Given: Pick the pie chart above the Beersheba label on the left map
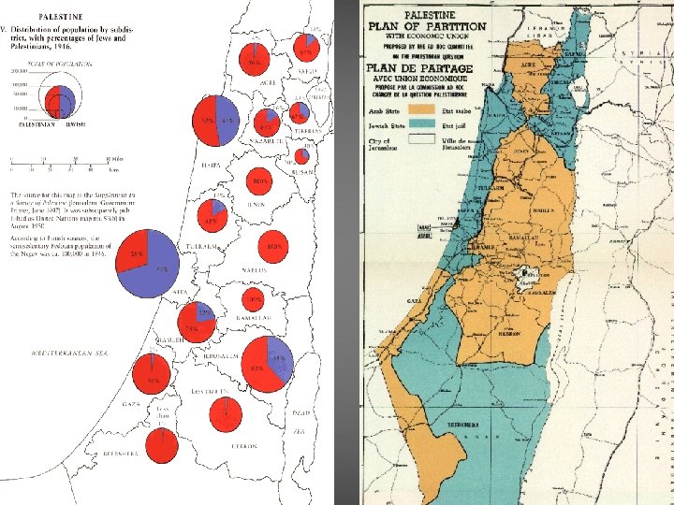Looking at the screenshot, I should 162,445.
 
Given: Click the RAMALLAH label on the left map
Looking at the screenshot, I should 255,319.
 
